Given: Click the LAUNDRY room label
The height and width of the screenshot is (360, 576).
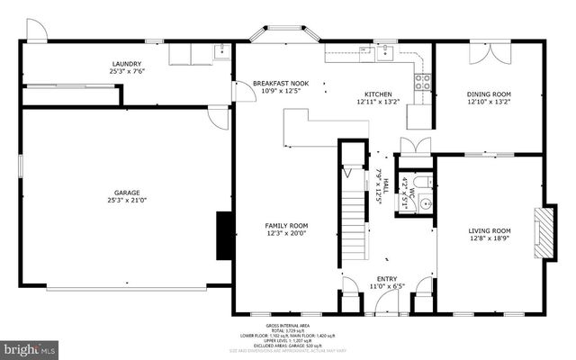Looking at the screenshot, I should (126, 64).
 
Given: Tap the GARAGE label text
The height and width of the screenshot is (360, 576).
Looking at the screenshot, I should (126, 192).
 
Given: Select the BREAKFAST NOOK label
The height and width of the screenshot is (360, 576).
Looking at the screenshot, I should (280, 83).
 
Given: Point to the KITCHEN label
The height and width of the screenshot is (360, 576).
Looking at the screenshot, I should (378, 94).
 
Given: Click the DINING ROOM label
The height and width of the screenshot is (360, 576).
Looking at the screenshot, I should (489, 94).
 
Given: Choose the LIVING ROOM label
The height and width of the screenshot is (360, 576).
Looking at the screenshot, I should (490, 230).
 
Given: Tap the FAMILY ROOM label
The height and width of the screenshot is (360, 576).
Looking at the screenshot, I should (286, 225).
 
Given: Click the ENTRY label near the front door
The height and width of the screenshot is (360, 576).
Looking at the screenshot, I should (387, 279).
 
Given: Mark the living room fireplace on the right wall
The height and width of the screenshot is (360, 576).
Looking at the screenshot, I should (543, 233).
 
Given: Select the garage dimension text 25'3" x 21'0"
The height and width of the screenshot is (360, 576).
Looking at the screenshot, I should (126, 201).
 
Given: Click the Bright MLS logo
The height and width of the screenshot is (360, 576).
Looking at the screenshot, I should (30, 347).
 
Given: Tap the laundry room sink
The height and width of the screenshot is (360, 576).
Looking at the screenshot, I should (220, 53).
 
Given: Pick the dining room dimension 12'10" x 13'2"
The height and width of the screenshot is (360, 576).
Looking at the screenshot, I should (489, 102).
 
